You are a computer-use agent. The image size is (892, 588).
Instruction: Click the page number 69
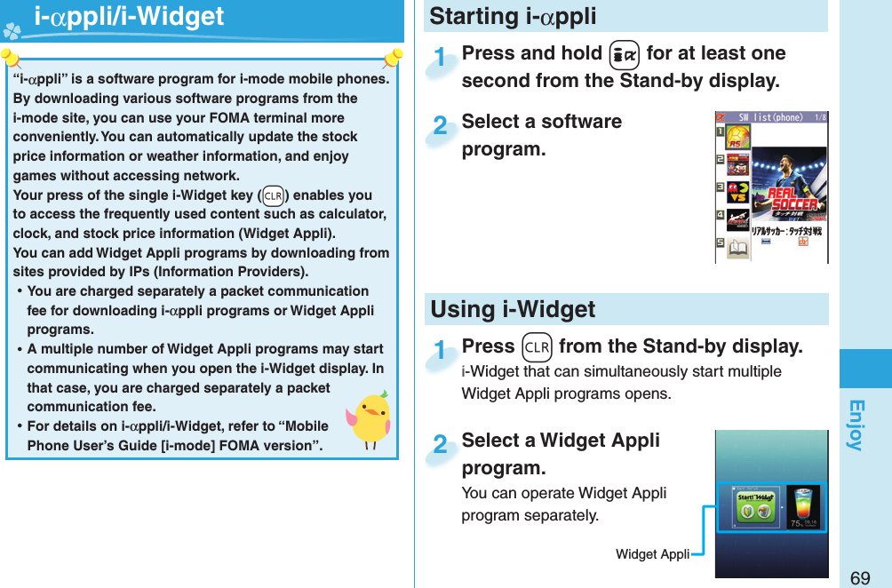coord(859,578)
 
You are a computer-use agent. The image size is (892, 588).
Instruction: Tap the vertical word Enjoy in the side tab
coord(855,425)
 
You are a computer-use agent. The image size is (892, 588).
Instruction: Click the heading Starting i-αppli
coord(513,17)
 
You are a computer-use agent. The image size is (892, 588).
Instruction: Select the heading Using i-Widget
coord(513,310)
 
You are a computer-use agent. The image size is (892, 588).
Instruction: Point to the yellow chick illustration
coord(370,418)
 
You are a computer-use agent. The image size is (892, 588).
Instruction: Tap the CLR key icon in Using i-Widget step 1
coord(537,346)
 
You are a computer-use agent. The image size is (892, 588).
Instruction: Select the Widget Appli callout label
coord(652,554)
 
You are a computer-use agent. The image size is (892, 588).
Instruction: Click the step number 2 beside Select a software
coord(439,126)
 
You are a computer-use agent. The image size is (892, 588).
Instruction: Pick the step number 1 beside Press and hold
coord(439,58)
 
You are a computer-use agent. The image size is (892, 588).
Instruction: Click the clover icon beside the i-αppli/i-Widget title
coord(12,28)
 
